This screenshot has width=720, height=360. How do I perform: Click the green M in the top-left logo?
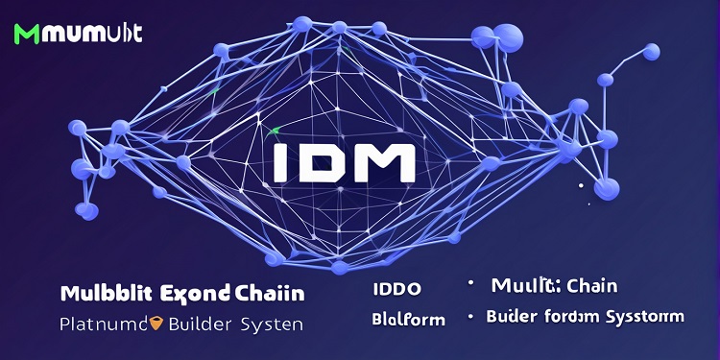27,34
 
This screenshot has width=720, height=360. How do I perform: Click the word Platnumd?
101,324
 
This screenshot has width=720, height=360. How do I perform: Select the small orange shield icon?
156,324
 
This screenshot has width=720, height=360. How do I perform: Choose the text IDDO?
396,289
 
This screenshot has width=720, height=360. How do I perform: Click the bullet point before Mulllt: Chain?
470,284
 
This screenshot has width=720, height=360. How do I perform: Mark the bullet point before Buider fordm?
470,316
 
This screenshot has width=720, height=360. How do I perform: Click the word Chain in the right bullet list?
591,285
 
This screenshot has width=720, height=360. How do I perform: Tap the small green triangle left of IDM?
276,130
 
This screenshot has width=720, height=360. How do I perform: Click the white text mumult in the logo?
92,34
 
